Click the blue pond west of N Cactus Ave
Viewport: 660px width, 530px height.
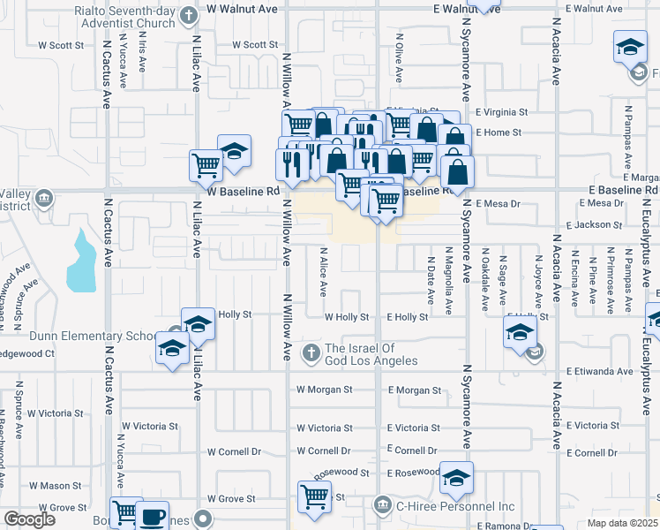click(x=80, y=261)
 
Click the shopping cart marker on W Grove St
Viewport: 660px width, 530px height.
click(x=314, y=497)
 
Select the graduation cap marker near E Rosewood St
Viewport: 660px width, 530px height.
click(x=456, y=478)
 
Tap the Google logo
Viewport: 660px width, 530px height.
click(x=29, y=519)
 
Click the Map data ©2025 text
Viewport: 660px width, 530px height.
click(x=623, y=523)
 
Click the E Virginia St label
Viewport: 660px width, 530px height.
click(x=501, y=112)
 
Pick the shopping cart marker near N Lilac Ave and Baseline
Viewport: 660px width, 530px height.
click(x=206, y=164)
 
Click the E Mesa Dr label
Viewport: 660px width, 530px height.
click(x=499, y=203)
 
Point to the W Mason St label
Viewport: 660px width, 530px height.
click(x=55, y=485)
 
